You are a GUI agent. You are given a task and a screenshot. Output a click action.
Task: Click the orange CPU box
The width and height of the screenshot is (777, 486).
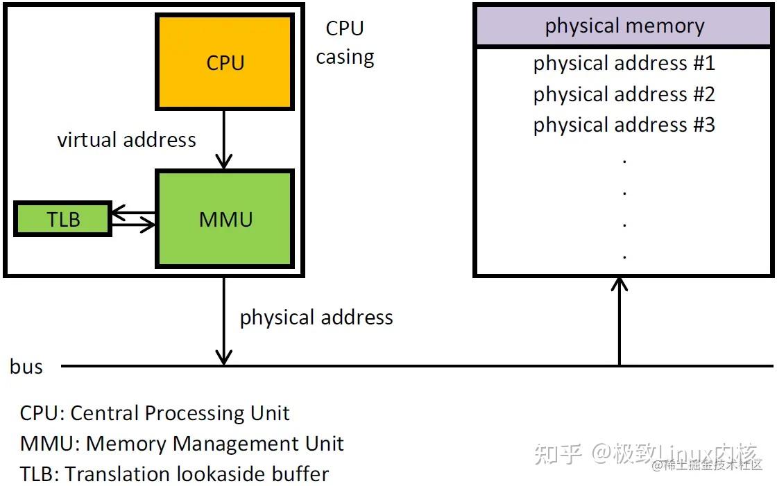(x=225, y=62)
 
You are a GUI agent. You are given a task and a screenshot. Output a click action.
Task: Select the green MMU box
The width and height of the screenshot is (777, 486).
(x=225, y=219)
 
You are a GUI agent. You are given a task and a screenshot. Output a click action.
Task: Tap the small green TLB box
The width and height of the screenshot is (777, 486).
(x=63, y=219)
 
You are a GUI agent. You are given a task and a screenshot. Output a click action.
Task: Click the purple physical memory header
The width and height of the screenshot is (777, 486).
(x=624, y=26)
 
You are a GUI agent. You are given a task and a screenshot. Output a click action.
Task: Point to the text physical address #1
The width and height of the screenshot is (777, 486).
(x=624, y=64)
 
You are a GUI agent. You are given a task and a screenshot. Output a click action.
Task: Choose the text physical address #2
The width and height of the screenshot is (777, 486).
(x=624, y=94)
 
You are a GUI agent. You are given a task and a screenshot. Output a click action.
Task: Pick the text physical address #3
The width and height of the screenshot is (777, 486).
(x=624, y=125)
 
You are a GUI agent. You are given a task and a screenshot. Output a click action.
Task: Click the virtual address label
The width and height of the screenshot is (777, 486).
(x=126, y=140)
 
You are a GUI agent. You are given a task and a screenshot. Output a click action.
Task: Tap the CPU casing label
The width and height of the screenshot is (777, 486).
(x=345, y=42)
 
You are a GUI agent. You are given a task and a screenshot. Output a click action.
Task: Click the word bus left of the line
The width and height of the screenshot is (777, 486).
(x=26, y=367)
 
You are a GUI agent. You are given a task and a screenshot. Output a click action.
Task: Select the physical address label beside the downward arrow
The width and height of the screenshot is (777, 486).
(x=316, y=318)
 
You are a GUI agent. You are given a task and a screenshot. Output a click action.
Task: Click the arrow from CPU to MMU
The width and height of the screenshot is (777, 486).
(x=223, y=139)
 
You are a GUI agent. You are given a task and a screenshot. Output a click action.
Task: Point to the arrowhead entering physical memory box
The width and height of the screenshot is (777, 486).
(x=620, y=284)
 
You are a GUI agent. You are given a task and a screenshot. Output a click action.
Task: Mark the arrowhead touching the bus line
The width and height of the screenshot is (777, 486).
(x=223, y=358)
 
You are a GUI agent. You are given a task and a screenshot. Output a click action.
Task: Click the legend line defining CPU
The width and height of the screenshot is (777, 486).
(x=155, y=413)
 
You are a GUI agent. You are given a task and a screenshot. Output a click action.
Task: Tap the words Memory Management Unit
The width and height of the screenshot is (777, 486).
(x=214, y=444)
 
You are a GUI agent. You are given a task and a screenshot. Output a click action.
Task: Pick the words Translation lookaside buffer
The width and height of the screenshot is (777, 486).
(x=196, y=474)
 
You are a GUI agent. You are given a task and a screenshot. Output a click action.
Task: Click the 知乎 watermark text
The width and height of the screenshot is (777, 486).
(x=557, y=453)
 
